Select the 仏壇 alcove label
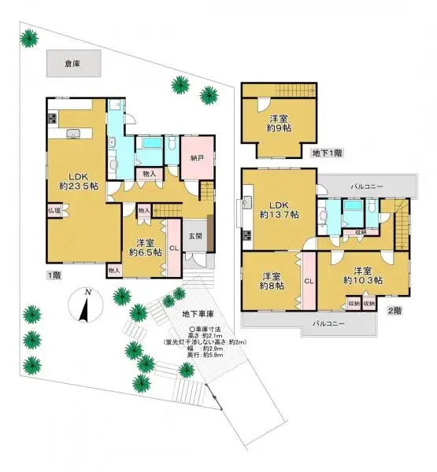coord(54,211)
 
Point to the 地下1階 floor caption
coord(326,152)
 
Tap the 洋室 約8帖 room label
coord(272,282)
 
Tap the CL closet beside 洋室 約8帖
coord(309,280)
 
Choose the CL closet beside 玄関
coord(173,250)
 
